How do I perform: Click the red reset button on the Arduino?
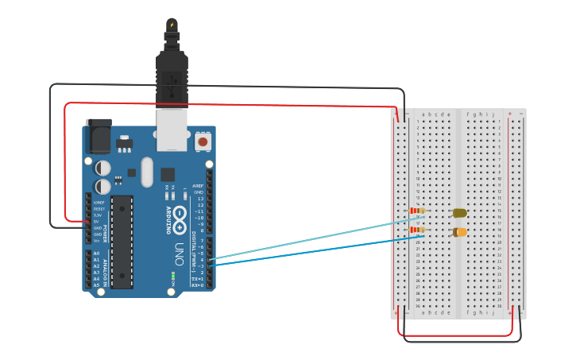(203, 141)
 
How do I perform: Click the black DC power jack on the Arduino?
(99, 136)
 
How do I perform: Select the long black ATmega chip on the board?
(122, 241)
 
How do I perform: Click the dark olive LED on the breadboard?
(459, 212)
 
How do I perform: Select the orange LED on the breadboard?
(459, 232)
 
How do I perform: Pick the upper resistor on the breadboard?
(416, 211)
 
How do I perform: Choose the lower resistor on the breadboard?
(416, 230)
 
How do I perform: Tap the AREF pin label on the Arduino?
(198, 185)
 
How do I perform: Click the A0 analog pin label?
(96, 254)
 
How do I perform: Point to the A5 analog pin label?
(96, 285)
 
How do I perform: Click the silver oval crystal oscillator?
(146, 172)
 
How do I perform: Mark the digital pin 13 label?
(200, 199)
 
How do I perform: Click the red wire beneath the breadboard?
(461, 335)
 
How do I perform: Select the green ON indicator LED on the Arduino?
(172, 277)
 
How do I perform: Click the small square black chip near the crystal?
(168, 174)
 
